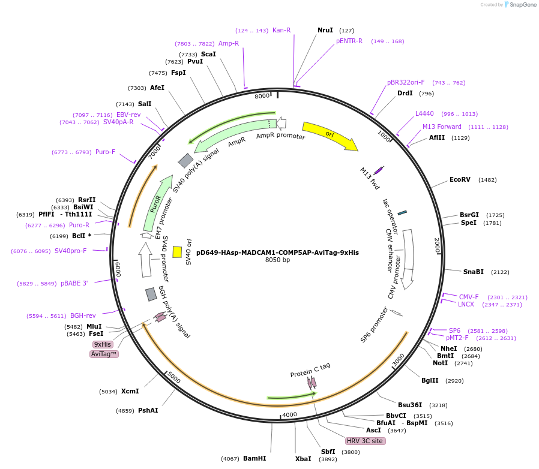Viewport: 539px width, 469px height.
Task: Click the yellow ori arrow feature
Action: click(x=329, y=136)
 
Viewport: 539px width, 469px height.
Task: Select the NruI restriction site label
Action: click(x=325, y=30)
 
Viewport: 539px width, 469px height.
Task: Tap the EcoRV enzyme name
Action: click(x=460, y=179)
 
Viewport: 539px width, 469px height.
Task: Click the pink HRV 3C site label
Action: click(x=365, y=441)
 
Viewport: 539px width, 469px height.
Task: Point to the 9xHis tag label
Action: click(x=102, y=344)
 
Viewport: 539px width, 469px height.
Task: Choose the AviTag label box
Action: click(x=104, y=354)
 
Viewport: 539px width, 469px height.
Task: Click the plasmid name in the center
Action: click(x=277, y=252)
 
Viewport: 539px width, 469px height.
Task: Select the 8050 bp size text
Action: click(x=277, y=260)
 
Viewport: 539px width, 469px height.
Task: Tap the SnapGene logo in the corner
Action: click(x=520, y=5)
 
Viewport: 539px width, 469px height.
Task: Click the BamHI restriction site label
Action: click(x=254, y=458)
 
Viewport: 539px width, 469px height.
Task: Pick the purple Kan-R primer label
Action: click(x=282, y=30)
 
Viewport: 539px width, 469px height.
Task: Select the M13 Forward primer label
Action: click(x=442, y=127)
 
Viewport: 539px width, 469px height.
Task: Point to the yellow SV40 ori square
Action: click(x=177, y=252)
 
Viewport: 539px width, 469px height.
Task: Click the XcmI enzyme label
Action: click(x=130, y=392)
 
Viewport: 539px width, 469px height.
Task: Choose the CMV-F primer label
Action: click(x=469, y=297)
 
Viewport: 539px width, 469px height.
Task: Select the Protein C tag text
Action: click(x=310, y=371)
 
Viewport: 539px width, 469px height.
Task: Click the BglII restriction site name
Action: click(x=430, y=380)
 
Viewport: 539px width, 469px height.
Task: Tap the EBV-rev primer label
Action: click(x=128, y=115)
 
